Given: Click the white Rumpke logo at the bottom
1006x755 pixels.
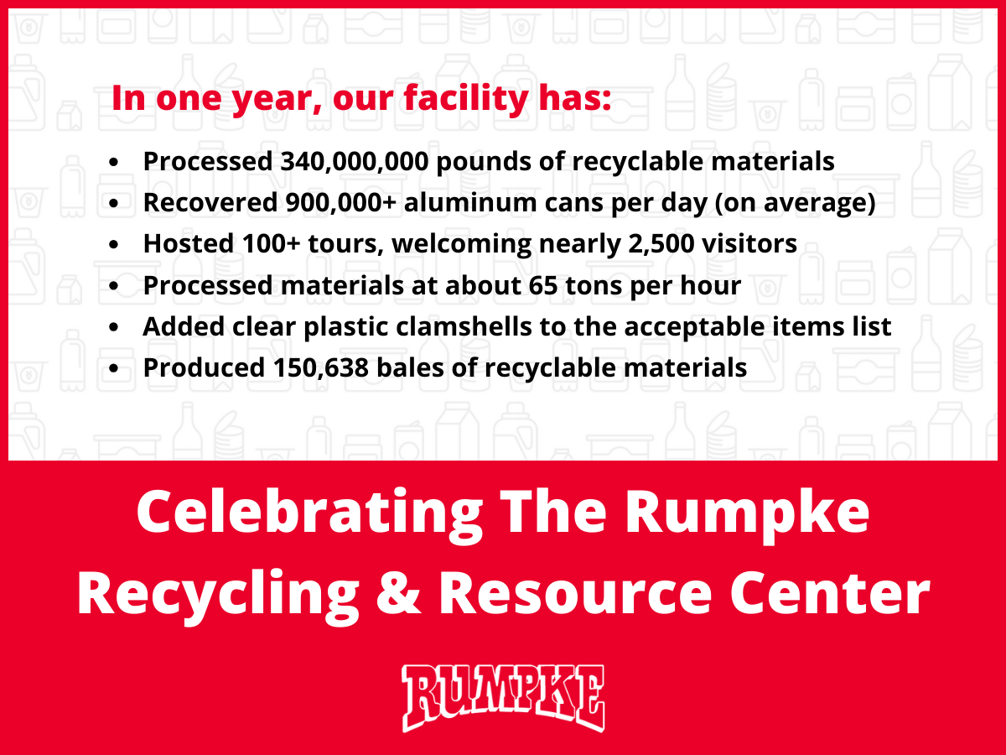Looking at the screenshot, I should (503, 697).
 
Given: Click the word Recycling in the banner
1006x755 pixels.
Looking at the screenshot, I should (218, 592).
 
